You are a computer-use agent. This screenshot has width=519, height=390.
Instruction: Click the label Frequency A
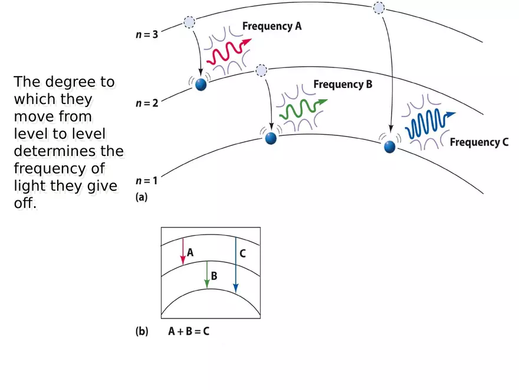point(272,27)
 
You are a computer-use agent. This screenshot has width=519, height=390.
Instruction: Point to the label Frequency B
point(343,84)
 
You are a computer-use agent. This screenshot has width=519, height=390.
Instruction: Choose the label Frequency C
point(479,142)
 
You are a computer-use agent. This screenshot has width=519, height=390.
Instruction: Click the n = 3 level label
point(147,34)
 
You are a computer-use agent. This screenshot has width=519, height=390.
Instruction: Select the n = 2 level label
point(147,103)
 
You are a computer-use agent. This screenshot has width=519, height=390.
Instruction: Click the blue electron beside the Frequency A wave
point(201,84)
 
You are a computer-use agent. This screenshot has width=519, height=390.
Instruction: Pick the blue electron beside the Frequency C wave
point(389,147)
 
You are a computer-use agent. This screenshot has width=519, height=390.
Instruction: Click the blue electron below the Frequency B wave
point(271,138)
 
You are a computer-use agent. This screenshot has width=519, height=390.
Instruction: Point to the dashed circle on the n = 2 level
point(261,71)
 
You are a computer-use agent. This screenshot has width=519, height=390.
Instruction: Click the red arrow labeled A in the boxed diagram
point(183,251)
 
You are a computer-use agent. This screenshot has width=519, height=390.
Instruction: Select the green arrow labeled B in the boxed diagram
point(207,275)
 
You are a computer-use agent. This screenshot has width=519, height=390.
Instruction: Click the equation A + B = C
point(189,331)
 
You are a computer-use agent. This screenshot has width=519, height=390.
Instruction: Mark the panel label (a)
point(142,199)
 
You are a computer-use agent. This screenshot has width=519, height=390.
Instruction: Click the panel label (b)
point(142,331)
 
